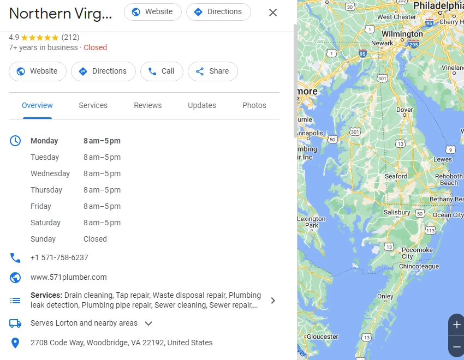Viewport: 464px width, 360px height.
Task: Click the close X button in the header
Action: [273, 13]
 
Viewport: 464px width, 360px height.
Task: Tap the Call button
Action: [161, 71]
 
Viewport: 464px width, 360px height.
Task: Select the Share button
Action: [212, 71]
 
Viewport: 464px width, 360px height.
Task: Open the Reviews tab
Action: [148, 105]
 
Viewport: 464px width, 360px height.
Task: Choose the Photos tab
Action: [254, 105]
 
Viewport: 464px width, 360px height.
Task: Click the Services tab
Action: [93, 105]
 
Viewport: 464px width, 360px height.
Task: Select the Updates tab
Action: [202, 105]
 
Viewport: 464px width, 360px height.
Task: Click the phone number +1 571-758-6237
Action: [59, 257]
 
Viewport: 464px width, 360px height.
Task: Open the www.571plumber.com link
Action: [69, 277]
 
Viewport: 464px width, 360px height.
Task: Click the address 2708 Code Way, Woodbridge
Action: [121, 343]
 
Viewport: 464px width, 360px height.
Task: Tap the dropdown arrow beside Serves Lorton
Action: [148, 323]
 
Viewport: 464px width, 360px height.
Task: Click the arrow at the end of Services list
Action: [273, 301]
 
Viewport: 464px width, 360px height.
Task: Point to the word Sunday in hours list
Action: [43, 239]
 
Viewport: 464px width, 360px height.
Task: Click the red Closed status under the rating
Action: [96, 47]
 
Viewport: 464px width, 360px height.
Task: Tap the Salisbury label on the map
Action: [397, 212]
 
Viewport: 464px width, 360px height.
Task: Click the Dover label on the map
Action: [404, 110]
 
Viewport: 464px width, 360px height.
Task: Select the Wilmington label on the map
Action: [402, 34]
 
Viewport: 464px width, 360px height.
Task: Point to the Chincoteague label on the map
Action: [419, 266]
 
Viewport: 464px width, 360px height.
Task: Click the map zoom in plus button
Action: [456, 325]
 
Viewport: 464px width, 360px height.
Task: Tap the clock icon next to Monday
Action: [15, 141]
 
